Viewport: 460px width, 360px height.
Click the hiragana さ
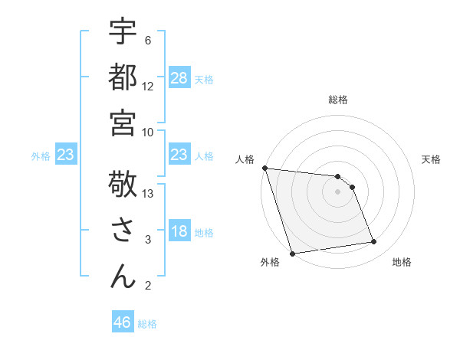tap(123, 231)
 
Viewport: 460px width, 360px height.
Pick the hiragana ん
tap(123, 277)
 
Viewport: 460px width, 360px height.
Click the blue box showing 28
tap(179, 77)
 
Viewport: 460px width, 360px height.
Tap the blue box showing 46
tap(123, 322)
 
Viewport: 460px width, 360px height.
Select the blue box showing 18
tap(179, 231)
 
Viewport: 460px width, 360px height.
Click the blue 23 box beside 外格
tap(66, 155)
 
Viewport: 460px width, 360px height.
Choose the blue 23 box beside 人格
tap(179, 155)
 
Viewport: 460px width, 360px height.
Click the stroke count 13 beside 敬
tap(149, 194)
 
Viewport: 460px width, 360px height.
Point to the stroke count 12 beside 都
tap(149, 86)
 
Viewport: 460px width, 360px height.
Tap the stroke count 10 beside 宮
tap(149, 132)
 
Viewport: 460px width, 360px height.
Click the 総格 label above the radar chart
tap(338, 100)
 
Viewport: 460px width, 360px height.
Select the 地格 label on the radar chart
tap(402, 262)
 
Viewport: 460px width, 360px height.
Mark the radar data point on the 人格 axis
tap(264, 168)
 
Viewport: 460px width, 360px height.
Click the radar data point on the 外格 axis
tap(293, 253)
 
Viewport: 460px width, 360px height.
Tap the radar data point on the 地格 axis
tap(374, 242)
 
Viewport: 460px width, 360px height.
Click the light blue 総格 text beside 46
tap(147, 324)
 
